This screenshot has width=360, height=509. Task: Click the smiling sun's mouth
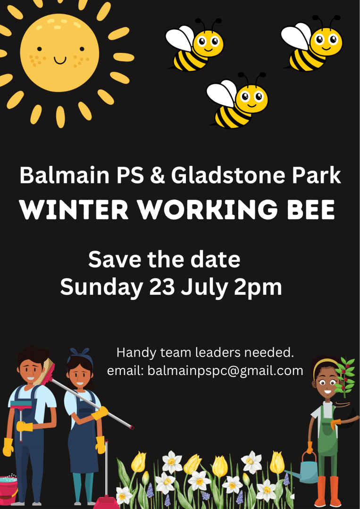60,60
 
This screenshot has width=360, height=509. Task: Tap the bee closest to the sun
195,45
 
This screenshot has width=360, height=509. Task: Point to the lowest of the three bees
237,100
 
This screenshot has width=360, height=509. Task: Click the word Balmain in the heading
65,176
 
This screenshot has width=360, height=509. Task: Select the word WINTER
74,210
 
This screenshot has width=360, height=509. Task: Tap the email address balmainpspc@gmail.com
225,371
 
